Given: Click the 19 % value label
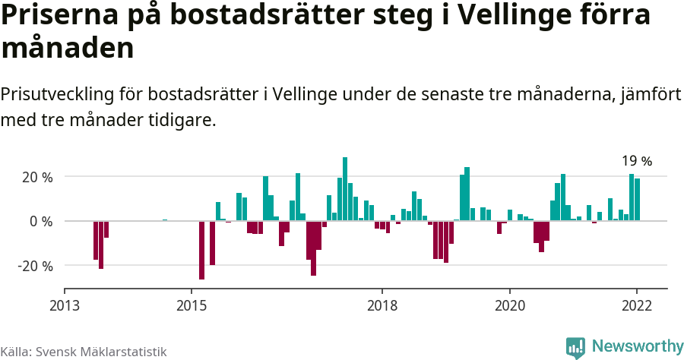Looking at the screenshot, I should (637, 161).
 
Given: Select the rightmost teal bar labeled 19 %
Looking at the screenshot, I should (637, 200).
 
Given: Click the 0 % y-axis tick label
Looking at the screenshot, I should (41, 222).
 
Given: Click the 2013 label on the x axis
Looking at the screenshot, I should (64, 305).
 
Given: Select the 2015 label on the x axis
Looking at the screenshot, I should (192, 305).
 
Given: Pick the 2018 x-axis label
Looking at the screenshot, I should (382, 305).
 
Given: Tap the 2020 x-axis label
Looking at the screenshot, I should (509, 305).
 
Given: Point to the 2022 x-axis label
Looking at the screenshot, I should (636, 305).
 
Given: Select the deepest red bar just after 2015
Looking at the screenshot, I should (201, 250).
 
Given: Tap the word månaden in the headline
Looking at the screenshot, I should (68, 49).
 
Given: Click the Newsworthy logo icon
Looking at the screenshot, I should (575, 347).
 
